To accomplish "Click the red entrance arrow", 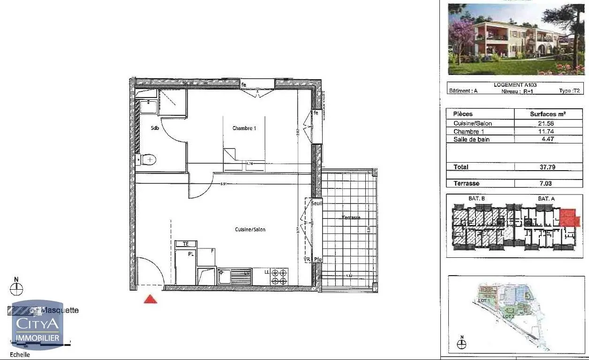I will coord(150,299).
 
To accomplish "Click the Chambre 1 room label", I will coord(244,128).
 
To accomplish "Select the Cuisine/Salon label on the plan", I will coord(250,230).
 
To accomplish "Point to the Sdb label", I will coord(155,128).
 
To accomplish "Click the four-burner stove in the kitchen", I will coord(279,277).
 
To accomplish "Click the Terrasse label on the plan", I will coord(350,217).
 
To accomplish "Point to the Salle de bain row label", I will coord(471,140).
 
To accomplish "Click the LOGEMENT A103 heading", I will coord(515,85).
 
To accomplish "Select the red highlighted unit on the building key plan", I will coord(569,218).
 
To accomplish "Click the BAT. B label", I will coord(476,199).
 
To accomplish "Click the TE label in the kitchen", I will coord(186,244).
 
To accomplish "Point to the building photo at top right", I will coord(516,39).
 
